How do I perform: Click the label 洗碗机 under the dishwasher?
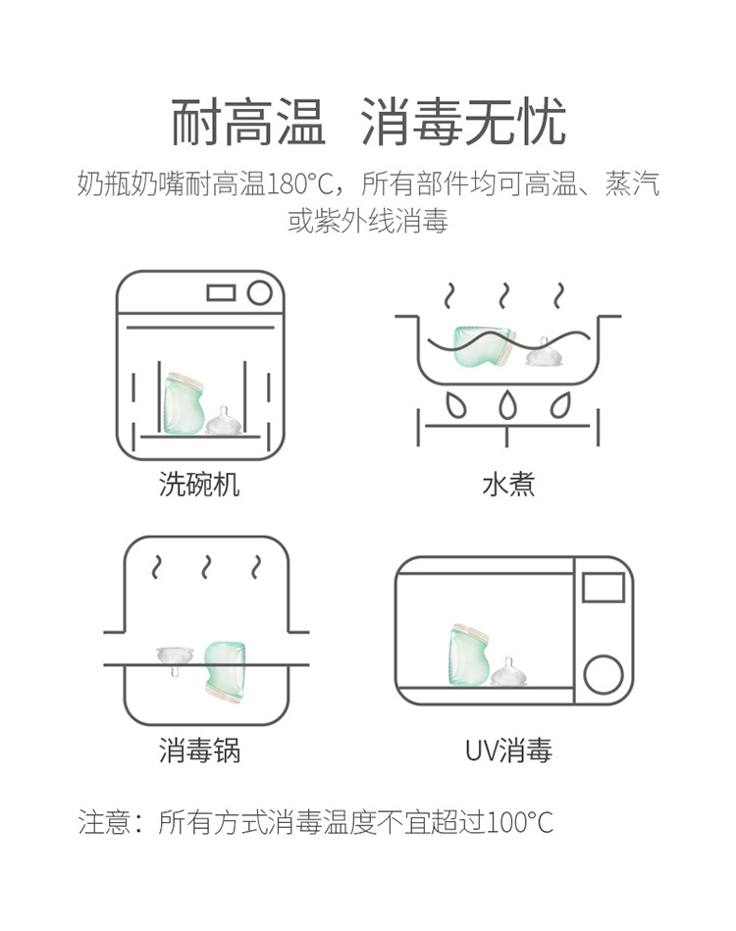[x=199, y=485]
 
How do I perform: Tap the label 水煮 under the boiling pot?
[x=508, y=485]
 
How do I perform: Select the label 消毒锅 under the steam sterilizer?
[x=199, y=750]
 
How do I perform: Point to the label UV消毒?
[x=508, y=750]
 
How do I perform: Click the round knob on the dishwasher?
[x=260, y=292]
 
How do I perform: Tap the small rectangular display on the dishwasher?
[x=221, y=292]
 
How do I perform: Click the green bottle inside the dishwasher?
[x=183, y=403]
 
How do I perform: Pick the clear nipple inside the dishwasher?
[x=224, y=421]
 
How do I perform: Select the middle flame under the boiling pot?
[x=505, y=405]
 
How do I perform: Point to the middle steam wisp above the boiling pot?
[x=504, y=295]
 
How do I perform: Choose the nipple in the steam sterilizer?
[x=176, y=659]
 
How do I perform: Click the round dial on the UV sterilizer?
[x=603, y=675]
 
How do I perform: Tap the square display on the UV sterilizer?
[x=603, y=588]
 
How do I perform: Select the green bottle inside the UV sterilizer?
[x=469, y=655]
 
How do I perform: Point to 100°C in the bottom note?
[x=518, y=822]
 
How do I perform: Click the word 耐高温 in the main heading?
[x=247, y=123]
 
